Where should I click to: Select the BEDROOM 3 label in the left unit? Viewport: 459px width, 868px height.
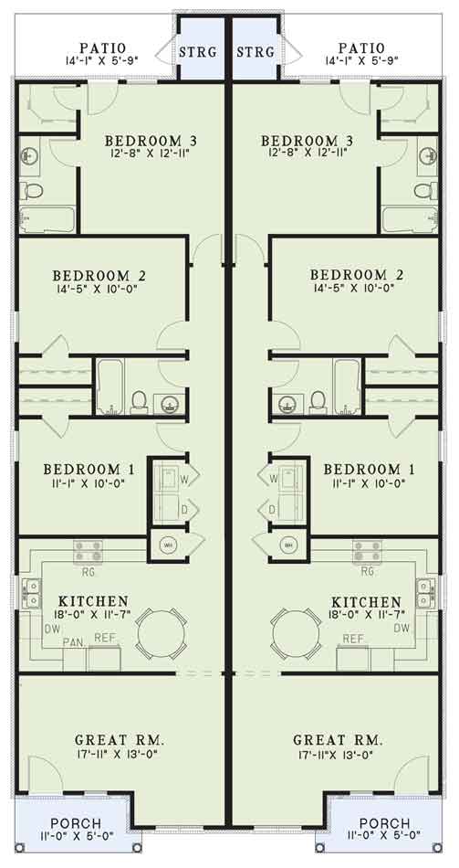(x=151, y=141)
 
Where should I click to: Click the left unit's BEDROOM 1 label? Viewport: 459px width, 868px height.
(x=89, y=470)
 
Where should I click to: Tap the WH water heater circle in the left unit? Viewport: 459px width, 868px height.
(x=169, y=545)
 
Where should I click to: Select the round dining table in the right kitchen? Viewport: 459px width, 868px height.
(x=297, y=630)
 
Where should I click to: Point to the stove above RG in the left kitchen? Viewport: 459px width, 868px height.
(x=89, y=550)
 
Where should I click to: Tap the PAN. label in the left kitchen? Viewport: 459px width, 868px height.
(x=74, y=642)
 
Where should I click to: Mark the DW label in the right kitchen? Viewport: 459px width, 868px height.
(x=402, y=628)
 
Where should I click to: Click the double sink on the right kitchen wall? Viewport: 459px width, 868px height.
(x=425, y=593)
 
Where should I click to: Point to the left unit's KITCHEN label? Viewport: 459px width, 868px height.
(x=92, y=602)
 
